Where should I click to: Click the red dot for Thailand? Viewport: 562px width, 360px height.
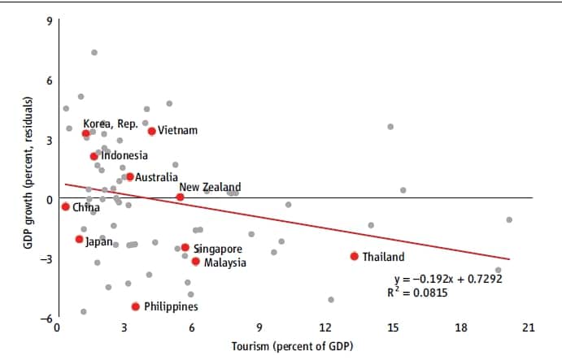click(x=354, y=256)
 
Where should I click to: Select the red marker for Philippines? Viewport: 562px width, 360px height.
click(x=135, y=306)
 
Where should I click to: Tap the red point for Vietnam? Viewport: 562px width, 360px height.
click(x=151, y=131)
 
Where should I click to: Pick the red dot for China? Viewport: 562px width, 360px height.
click(x=65, y=206)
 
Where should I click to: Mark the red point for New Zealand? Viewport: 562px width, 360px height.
click(x=180, y=197)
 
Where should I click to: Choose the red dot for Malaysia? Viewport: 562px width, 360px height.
click(x=195, y=262)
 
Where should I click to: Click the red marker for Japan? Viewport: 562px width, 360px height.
click(x=79, y=239)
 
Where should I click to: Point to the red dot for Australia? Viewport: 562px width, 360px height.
click(x=129, y=176)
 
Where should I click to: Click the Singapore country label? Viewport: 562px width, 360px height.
click(x=216, y=248)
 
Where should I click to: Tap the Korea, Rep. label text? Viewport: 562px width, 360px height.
click(x=111, y=124)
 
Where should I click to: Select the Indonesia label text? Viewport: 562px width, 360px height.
click(x=124, y=155)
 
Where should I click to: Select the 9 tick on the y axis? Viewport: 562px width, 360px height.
click(x=48, y=20)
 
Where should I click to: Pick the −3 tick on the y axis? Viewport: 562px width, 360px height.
click(x=46, y=259)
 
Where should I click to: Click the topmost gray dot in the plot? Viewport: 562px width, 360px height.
click(x=94, y=52)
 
